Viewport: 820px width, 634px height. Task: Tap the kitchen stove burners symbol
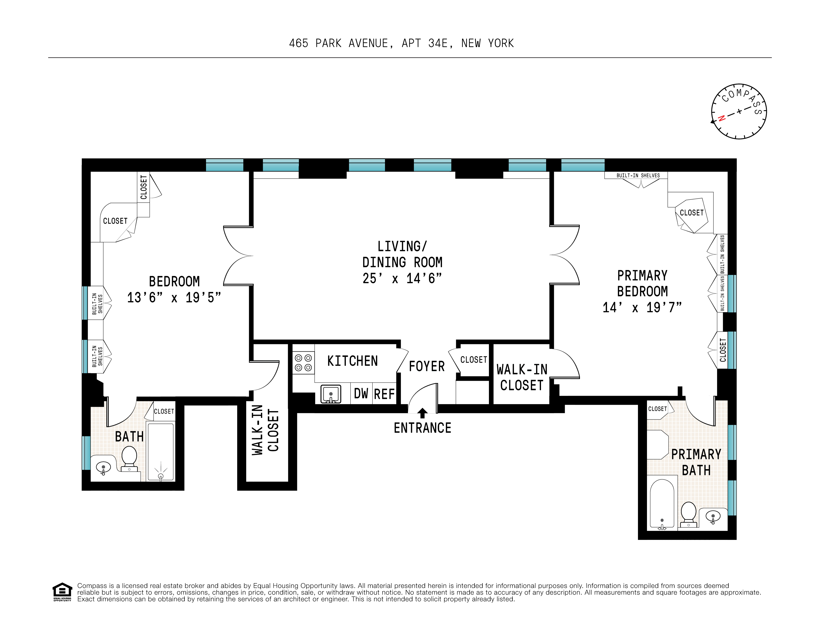pos(303,363)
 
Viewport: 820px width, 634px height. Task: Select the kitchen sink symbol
pos(330,394)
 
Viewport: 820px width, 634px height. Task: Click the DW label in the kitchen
pos(361,394)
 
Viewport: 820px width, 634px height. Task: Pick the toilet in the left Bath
pos(129,458)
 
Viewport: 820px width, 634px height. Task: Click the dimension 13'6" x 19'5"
pos(174,298)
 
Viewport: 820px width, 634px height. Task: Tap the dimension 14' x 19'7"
pos(642,307)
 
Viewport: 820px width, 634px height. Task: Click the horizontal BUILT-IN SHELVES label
pos(638,175)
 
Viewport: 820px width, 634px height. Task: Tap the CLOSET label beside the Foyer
pos(474,360)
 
